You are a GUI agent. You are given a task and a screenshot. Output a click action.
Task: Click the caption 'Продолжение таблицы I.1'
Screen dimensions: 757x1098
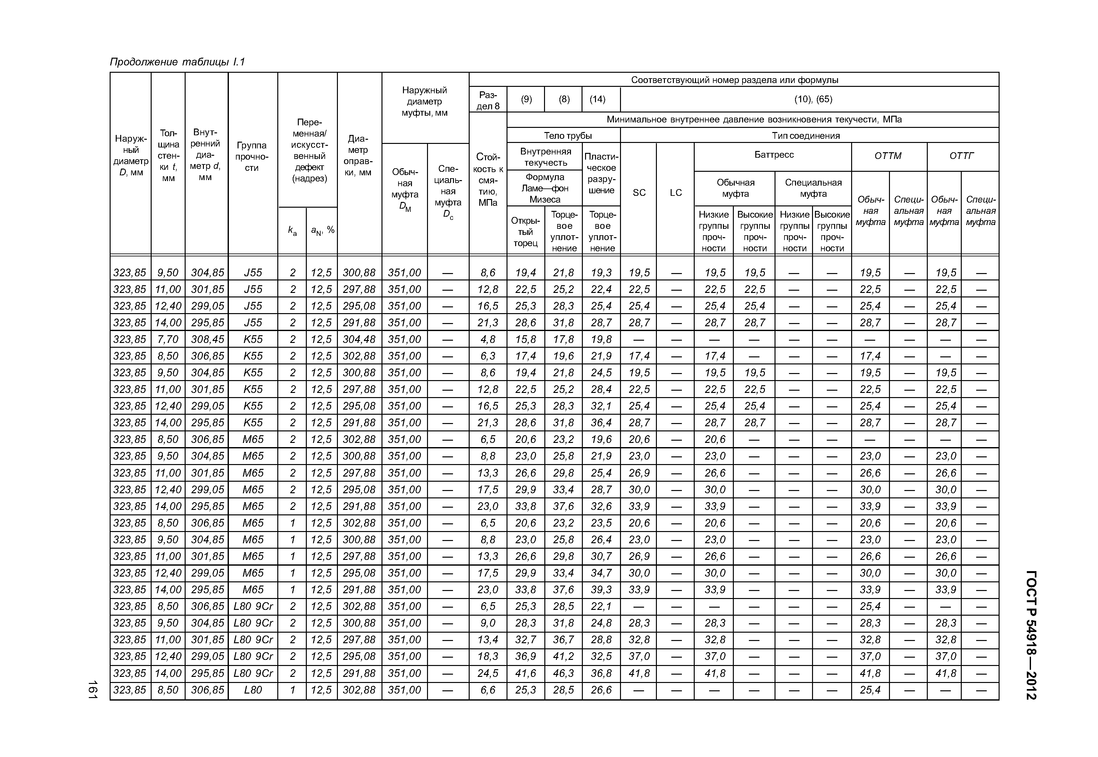coord(177,62)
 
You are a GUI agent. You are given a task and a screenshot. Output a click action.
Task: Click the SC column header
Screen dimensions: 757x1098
coord(639,193)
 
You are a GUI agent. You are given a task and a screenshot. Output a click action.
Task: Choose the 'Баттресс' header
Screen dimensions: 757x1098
coord(774,154)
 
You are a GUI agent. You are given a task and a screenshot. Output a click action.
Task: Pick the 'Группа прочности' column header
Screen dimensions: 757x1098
coord(252,156)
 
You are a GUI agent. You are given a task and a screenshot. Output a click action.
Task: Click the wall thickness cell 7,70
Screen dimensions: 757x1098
coord(168,339)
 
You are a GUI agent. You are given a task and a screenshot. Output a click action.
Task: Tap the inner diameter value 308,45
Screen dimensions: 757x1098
coord(207,339)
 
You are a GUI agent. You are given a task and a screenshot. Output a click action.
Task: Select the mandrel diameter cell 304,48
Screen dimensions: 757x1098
coord(359,339)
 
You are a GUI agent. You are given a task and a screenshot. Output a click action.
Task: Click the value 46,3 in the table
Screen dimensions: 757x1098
coord(563,673)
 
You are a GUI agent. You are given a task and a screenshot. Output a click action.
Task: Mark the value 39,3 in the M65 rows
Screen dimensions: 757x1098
coord(601,590)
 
